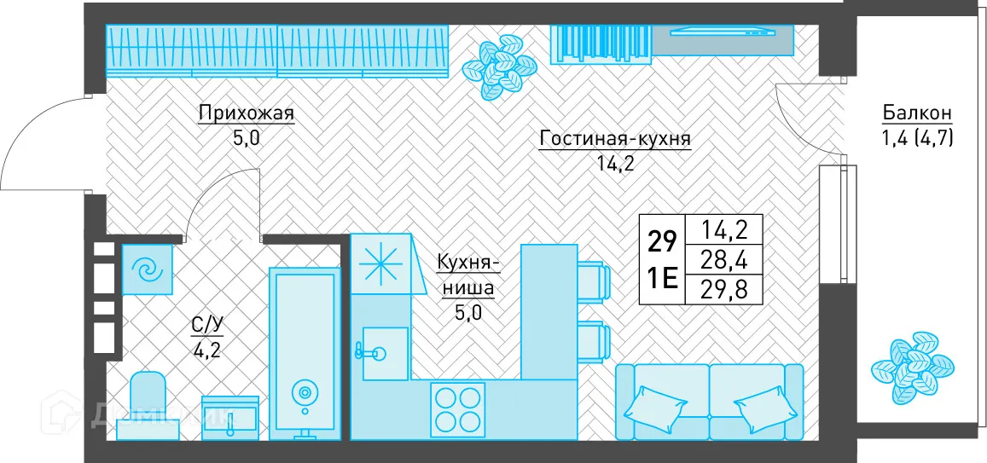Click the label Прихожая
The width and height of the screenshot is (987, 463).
[x=246, y=113]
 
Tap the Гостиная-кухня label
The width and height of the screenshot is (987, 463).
[x=614, y=139]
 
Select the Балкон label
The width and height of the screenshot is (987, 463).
[x=917, y=113]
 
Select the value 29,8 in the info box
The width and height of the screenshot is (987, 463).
[x=720, y=289]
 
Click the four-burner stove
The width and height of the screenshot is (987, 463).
[x=458, y=408]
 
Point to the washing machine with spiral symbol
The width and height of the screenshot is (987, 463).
[x=148, y=269]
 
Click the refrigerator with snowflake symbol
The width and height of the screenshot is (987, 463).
[x=380, y=263]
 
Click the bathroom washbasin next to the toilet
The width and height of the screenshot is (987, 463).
[x=230, y=417]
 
